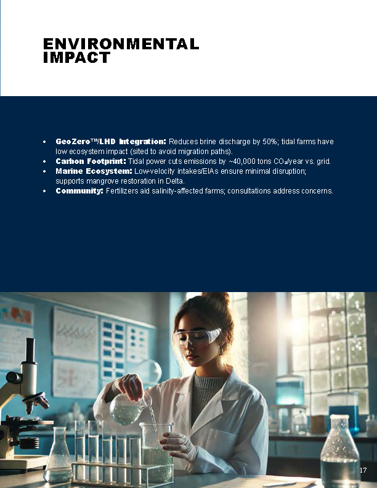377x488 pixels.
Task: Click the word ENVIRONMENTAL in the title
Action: point(121,44)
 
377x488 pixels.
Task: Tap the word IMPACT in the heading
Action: point(76,57)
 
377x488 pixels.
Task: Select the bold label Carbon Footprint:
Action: point(91,161)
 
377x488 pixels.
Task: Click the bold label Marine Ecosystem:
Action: point(94,171)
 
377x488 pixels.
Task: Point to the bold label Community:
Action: point(79,191)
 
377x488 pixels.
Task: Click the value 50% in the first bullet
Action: point(269,142)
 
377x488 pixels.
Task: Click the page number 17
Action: point(363,470)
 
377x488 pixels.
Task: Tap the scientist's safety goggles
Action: point(197,338)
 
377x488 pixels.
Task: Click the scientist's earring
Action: point(221,351)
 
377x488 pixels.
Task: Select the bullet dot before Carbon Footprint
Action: point(44,161)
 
